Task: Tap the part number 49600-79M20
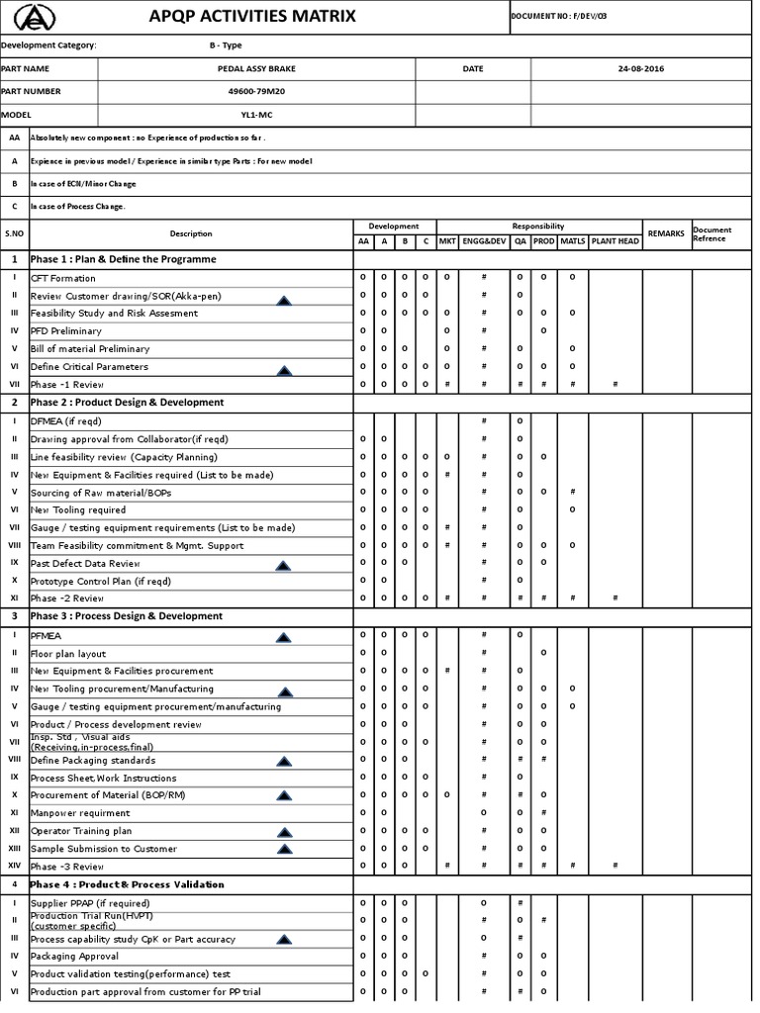click(255, 91)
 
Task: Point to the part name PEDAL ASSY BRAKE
click(255, 69)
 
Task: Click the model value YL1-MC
click(255, 114)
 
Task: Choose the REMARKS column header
click(666, 233)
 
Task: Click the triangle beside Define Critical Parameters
click(284, 371)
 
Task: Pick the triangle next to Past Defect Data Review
click(284, 566)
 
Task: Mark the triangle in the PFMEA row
click(284, 638)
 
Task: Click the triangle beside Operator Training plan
click(284, 832)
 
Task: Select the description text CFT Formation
click(63, 278)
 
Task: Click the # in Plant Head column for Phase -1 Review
click(615, 384)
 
